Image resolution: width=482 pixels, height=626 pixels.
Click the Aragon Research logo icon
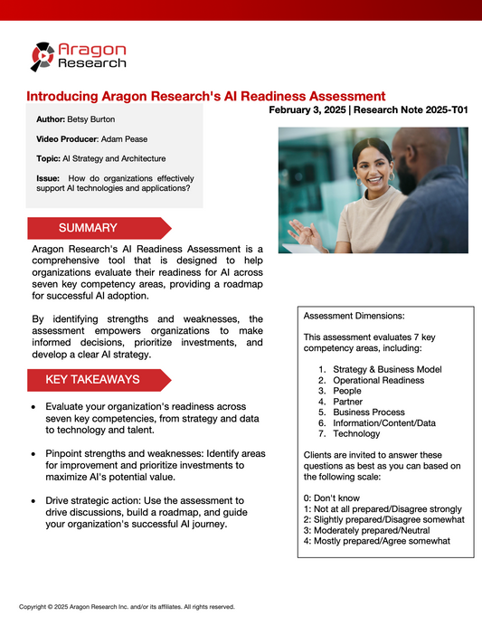click(43, 56)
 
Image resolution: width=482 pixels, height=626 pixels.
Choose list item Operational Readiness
click(377, 380)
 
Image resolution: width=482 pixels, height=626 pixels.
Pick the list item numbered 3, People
click(347, 391)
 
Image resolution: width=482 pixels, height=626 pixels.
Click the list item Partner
click(348, 402)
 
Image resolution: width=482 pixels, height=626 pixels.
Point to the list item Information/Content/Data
click(383, 423)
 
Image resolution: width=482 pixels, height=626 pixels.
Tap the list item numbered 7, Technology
click(356, 434)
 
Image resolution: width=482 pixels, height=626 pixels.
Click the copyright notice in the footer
click(127, 607)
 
